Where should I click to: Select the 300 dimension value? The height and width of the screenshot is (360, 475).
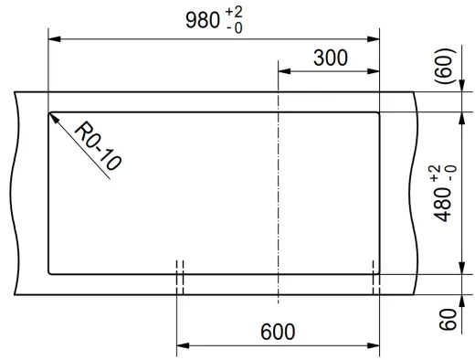(330, 58)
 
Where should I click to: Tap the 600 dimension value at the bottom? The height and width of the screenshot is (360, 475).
(277, 331)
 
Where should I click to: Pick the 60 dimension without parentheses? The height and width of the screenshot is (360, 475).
(448, 320)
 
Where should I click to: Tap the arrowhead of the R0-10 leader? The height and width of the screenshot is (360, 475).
(54, 117)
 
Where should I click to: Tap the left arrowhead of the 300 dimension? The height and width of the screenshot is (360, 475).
(283, 70)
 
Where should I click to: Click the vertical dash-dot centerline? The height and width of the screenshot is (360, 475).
(277, 192)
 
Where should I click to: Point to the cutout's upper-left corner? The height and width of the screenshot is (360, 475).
(49, 112)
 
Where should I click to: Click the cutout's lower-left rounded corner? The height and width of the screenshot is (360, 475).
(50, 271)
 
